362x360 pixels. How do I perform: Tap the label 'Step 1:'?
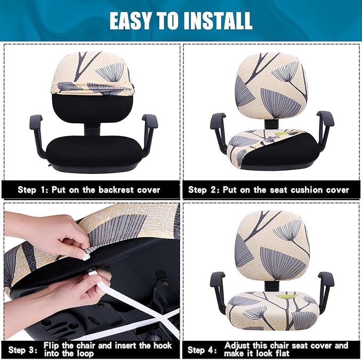click(x=35, y=189)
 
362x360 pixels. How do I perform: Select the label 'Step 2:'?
click(x=205, y=189)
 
